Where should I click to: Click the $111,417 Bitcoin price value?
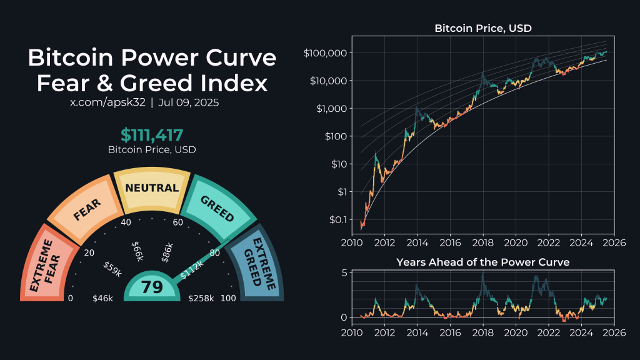click(152, 135)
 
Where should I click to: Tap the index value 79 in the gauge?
click(152, 287)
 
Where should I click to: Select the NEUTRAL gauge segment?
click(152, 188)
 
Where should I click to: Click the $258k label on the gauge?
click(201, 299)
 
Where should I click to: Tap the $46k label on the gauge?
click(102, 299)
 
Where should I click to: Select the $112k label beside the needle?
click(192, 269)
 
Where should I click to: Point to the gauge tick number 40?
click(126, 222)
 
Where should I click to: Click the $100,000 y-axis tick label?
click(324, 53)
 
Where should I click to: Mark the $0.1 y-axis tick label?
click(335, 219)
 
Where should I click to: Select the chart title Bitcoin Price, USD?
click(483, 28)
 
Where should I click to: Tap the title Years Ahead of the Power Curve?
click(482, 262)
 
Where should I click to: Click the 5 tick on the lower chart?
click(343, 272)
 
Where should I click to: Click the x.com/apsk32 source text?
click(107, 102)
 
